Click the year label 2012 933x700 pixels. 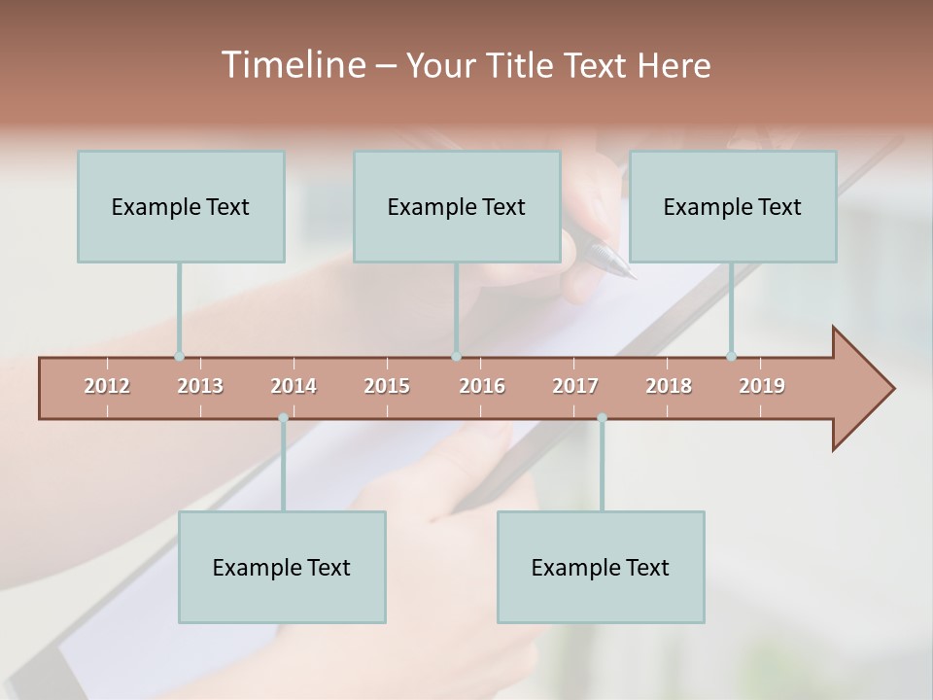pos(107,386)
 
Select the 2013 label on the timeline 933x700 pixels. pos(200,386)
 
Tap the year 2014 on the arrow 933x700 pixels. pos(294,386)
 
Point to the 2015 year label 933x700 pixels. pos(387,386)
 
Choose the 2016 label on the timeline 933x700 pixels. pos(482,386)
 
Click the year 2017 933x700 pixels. pos(575,386)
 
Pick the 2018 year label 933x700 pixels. pos(669,386)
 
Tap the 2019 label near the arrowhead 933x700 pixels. pos(762,386)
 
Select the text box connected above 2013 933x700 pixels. pos(181,206)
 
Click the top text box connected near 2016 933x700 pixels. pos(457,206)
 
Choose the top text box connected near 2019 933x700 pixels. pos(733,206)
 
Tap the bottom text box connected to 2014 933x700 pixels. pos(282,567)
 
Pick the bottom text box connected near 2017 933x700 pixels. pos(601,567)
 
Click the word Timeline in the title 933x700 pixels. pos(293,65)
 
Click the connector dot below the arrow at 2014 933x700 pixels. pos(283,418)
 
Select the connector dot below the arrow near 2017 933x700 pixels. pos(602,418)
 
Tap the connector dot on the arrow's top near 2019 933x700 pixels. pos(731,356)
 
